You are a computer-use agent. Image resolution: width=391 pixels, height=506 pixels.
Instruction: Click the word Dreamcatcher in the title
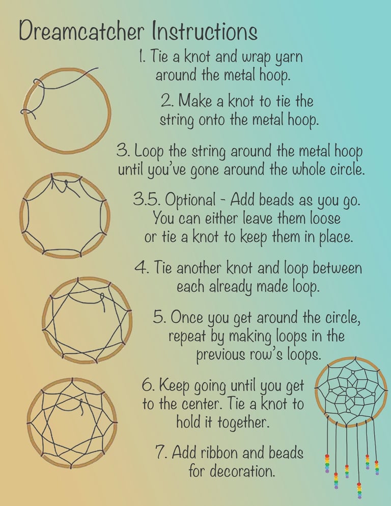[81, 31]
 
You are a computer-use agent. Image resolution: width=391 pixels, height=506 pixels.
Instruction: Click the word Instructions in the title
[204, 31]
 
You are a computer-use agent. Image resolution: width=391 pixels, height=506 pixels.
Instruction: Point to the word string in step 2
[177, 120]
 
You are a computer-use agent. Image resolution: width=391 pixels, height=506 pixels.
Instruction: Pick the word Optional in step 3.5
[190, 200]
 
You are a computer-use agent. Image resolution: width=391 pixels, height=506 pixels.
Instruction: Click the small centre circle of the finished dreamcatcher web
[351, 392]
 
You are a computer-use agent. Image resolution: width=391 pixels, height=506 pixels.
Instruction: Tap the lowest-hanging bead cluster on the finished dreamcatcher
[359, 491]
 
